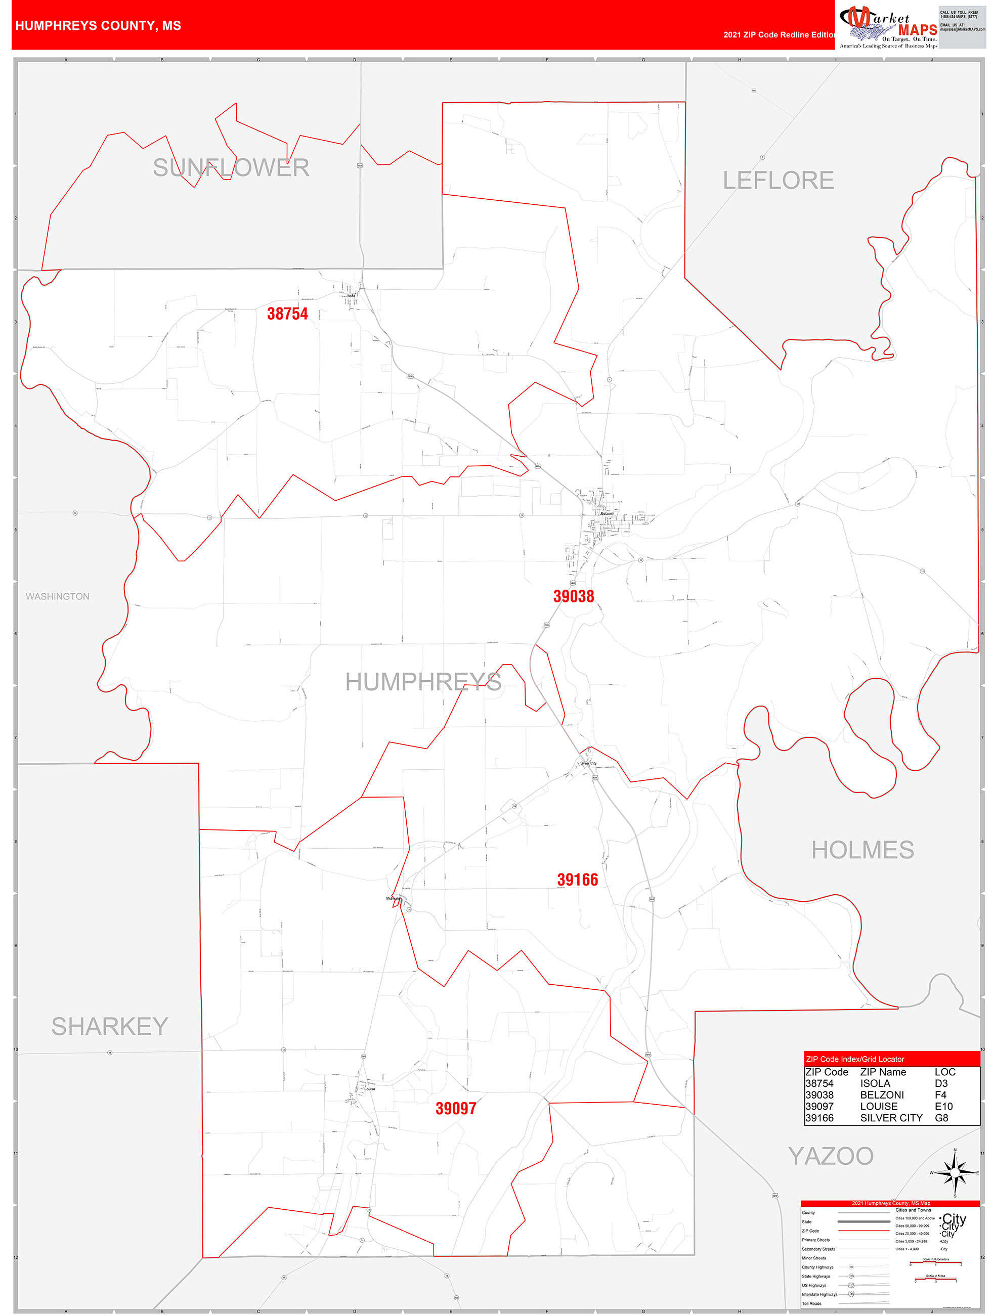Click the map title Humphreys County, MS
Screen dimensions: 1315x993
[x=98, y=26]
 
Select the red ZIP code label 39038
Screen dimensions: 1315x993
[x=573, y=596]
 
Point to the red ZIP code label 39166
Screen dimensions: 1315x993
[x=577, y=879]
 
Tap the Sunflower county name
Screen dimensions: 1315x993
[x=231, y=167]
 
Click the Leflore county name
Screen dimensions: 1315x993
[x=778, y=180]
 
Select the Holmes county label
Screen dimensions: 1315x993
[x=862, y=850]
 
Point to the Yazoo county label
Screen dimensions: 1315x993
[x=831, y=1156]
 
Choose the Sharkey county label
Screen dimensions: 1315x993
[x=110, y=1026]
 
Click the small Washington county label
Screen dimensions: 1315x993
[x=58, y=596]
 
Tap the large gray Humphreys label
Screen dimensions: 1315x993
[x=423, y=682]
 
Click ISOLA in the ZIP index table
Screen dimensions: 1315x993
[x=875, y=1083]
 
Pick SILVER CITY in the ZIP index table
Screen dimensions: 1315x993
[x=891, y=1118]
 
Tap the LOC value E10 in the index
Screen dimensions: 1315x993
[x=943, y=1106]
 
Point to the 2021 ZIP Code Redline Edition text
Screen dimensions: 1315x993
[x=779, y=35]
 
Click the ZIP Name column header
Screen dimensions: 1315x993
[x=883, y=1072]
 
